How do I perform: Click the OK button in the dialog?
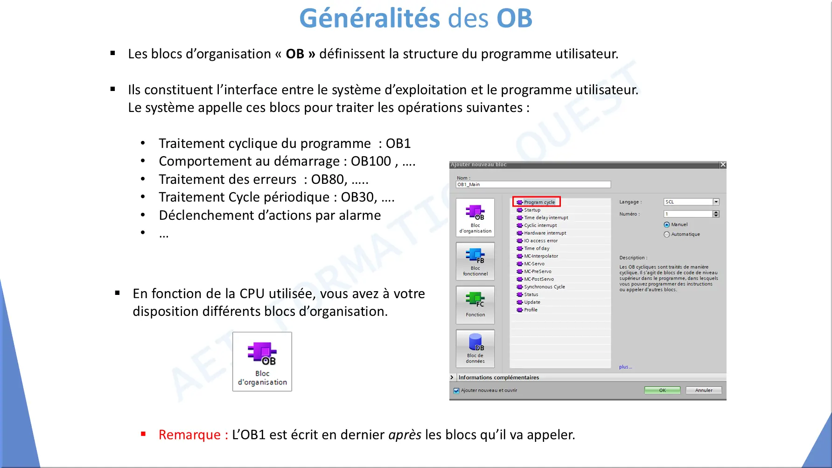662,390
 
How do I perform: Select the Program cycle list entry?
539,202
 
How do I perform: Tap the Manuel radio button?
667,225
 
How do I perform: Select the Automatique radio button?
667,234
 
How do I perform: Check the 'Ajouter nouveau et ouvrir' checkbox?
456,391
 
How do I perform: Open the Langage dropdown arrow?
716,202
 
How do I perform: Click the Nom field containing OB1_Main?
533,184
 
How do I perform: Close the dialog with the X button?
723,165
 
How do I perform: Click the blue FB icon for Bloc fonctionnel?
475,255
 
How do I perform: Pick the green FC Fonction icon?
475,299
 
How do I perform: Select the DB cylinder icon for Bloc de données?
475,342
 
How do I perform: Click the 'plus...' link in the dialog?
625,367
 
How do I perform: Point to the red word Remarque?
189,435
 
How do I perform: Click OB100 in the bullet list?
371,161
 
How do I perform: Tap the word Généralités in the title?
370,19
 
